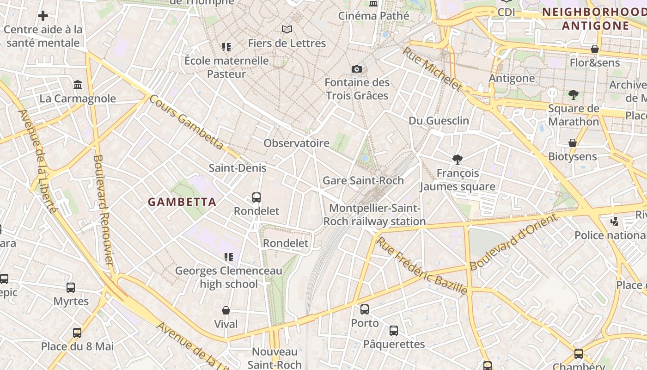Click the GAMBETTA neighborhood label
click(182, 202)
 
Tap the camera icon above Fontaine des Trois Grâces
click(357, 69)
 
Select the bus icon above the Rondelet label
click(256, 197)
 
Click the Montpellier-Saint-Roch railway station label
click(374, 215)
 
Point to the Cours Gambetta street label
click(187, 122)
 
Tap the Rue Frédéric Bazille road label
click(422, 265)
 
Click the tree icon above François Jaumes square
click(458, 160)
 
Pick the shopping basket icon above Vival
click(226, 310)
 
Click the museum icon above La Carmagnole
click(78, 85)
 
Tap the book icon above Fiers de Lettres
click(287, 30)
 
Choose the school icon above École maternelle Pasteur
click(226, 47)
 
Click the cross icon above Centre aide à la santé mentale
click(43, 16)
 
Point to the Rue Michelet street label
click(432, 69)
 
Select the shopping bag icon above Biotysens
click(573, 143)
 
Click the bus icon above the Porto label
click(365, 309)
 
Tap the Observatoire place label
click(296, 143)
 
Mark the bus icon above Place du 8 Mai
click(77, 333)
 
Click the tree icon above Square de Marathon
click(574, 95)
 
